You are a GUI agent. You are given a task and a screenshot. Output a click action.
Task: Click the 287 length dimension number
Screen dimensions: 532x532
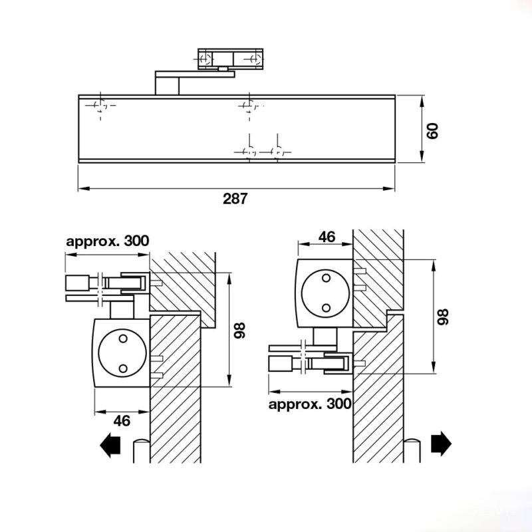pyautogui.click(x=235, y=198)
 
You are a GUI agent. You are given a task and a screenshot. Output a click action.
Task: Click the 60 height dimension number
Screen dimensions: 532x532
pyautogui.click(x=433, y=130)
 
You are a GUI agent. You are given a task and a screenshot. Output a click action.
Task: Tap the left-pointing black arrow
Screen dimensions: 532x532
pyautogui.click(x=110, y=445)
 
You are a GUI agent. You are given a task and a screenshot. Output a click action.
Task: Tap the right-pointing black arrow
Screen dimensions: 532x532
pyautogui.click(x=441, y=443)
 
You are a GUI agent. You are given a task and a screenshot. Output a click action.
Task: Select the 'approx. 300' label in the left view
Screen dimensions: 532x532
pyautogui.click(x=108, y=241)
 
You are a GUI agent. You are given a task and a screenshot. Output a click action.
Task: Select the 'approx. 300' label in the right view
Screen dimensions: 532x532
pyautogui.click(x=310, y=404)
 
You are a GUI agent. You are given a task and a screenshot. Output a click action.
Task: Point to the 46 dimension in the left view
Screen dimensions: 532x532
pyautogui.click(x=122, y=421)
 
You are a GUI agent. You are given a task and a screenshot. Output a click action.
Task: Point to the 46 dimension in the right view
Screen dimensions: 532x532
pyautogui.click(x=327, y=237)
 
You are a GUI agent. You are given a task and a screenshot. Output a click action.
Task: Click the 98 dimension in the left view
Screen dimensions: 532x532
pyautogui.click(x=239, y=330)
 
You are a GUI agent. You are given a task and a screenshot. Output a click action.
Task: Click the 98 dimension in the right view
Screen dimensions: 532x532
pyautogui.click(x=442, y=317)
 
